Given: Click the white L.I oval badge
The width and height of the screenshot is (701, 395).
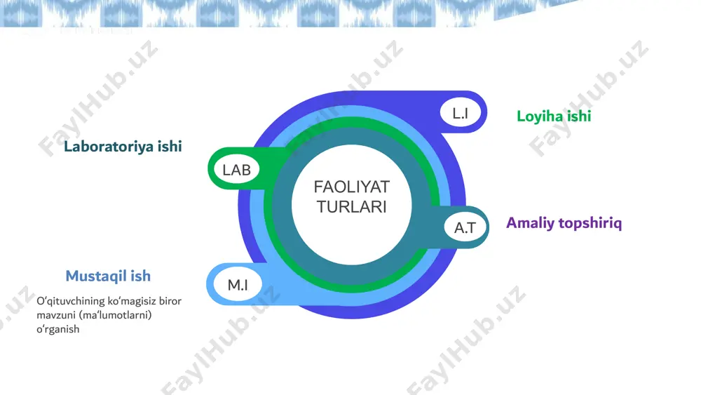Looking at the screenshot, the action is tap(461, 113).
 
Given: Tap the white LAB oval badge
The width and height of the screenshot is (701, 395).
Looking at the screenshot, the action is tap(236, 170).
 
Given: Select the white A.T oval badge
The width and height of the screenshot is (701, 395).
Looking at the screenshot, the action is tap(465, 228).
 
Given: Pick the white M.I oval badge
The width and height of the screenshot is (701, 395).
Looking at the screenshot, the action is tap(238, 285).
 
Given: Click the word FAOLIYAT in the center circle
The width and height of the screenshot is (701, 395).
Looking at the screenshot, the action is tap(352, 187).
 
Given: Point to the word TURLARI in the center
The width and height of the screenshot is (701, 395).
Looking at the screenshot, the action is tap(352, 207).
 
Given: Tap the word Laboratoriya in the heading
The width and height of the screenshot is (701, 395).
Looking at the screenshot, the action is tap(109, 146).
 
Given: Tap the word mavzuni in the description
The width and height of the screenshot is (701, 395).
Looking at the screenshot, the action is tap(56, 315).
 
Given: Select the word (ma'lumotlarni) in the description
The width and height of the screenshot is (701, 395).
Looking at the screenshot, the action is tap(116, 315).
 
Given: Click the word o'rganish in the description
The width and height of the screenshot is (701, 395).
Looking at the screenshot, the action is tap(58, 329).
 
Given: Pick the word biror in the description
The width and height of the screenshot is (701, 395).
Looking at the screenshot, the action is tap(170, 301).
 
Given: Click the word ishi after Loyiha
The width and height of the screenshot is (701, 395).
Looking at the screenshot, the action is tap(580, 116).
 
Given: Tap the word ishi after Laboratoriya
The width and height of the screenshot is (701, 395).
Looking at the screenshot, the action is tap(170, 146).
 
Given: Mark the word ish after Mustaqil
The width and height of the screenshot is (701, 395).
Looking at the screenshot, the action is tap(141, 276).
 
